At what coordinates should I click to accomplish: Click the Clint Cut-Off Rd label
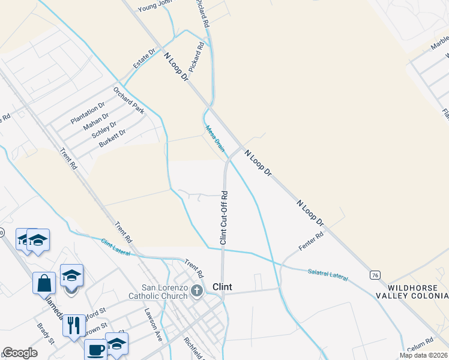click(223, 217)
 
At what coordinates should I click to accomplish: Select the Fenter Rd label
click(311, 241)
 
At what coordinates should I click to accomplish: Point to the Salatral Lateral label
click(328, 274)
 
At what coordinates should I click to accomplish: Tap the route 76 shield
click(375, 275)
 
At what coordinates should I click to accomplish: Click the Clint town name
click(222, 287)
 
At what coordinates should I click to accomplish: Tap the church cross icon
click(197, 292)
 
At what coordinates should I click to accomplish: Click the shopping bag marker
click(45, 282)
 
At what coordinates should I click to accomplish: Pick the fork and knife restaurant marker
click(74, 325)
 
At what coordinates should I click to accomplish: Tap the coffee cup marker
click(95, 349)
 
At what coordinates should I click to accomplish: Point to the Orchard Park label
click(130, 100)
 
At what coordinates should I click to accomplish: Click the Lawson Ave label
click(153, 325)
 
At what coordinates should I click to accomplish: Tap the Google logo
click(20, 353)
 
